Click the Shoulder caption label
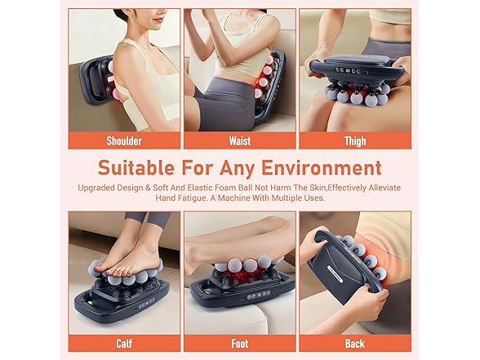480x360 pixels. (x=124, y=140)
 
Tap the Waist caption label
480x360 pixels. (x=240, y=140)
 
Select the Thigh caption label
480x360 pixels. (x=355, y=141)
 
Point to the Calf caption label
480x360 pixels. (x=124, y=344)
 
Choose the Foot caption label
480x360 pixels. (x=240, y=344)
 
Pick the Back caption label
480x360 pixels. (x=355, y=344)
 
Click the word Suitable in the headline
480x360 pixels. (x=136, y=167)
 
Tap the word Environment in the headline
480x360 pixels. (x=322, y=167)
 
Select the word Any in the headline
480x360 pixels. (x=238, y=168)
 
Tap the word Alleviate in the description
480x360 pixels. (x=384, y=188)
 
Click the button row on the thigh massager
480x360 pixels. (x=348, y=71)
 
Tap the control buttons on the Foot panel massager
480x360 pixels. (x=259, y=296)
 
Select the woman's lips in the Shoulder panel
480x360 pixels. (x=158, y=20)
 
